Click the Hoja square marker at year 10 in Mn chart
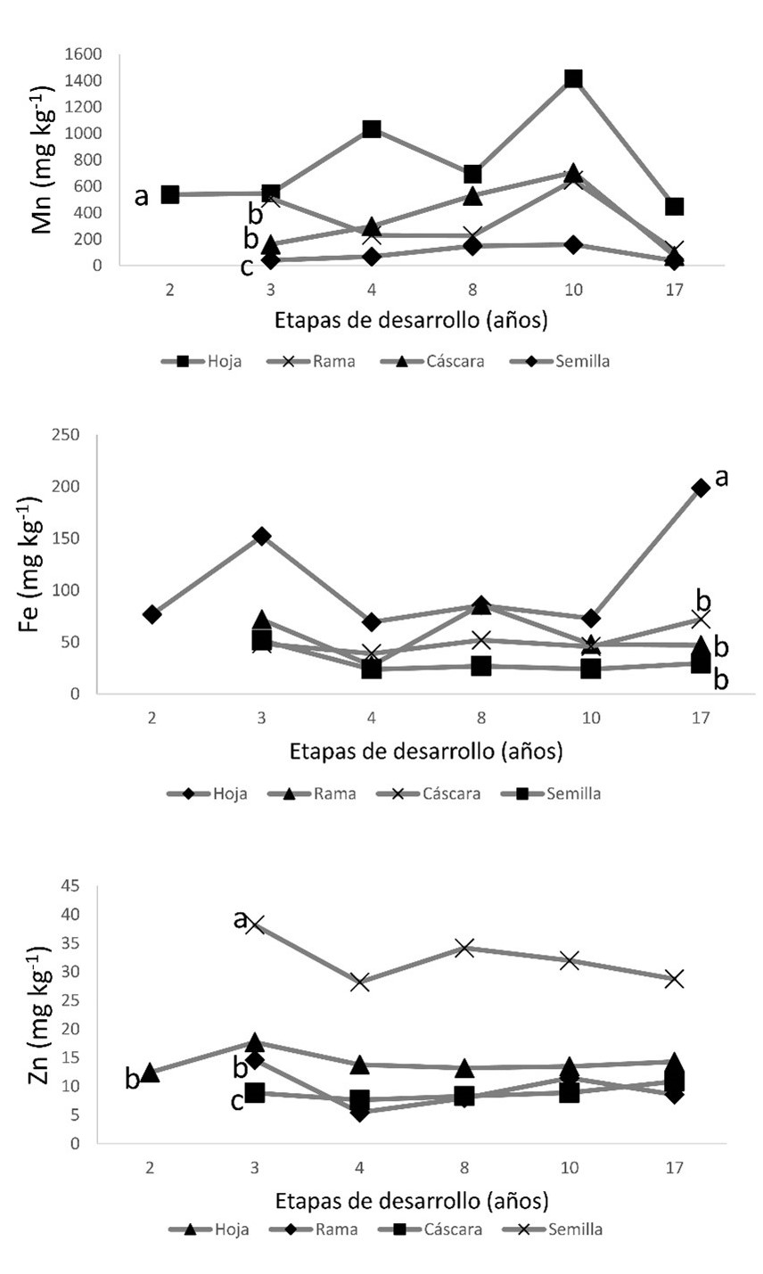coord(573,79)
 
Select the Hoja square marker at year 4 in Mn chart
coord(372,129)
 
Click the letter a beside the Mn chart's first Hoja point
coord(142,196)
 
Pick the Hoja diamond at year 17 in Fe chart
coord(701,488)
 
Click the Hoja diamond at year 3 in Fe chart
coord(261,536)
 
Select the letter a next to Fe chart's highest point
coord(722,478)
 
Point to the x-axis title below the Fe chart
coord(426,751)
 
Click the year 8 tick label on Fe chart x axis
coord(481,717)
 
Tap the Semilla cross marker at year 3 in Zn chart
coord(257,925)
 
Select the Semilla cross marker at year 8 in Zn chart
coord(464,948)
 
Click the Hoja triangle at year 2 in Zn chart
coord(150,1073)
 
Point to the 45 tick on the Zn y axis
coord(70,885)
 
